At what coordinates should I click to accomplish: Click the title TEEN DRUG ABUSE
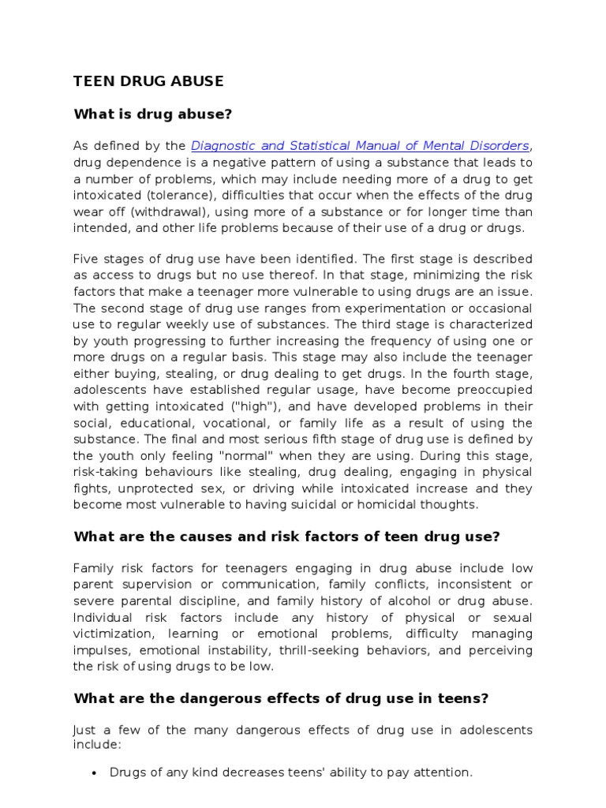coord(148,81)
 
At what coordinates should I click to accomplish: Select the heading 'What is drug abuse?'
coord(152,114)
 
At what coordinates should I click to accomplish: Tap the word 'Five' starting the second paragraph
coord(88,260)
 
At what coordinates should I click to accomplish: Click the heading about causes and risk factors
coord(286,537)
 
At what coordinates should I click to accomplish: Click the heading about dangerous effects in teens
coord(281,698)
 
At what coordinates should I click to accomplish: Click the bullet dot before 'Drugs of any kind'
coord(94,773)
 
